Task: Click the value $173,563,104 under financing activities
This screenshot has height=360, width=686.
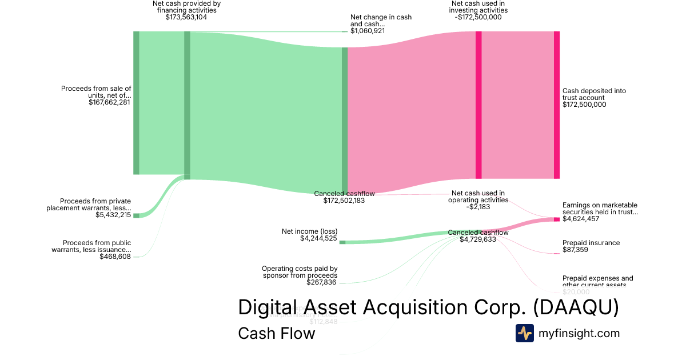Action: [186, 17]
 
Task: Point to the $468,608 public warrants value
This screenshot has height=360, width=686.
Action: [115, 257]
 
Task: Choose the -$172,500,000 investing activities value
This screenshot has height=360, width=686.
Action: [478, 17]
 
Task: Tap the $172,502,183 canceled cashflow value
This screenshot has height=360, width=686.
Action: [340, 201]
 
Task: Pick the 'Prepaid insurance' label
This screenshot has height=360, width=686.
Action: [591, 243]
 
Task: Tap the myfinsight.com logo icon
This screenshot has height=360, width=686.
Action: [524, 333]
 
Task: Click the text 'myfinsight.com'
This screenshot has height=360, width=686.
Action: [579, 333]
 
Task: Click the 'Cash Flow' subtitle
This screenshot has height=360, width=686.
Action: [276, 333]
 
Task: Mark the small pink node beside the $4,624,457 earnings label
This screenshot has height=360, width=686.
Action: [556, 219]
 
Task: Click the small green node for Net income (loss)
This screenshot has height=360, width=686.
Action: [342, 242]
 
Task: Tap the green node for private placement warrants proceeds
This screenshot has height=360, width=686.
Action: [136, 215]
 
